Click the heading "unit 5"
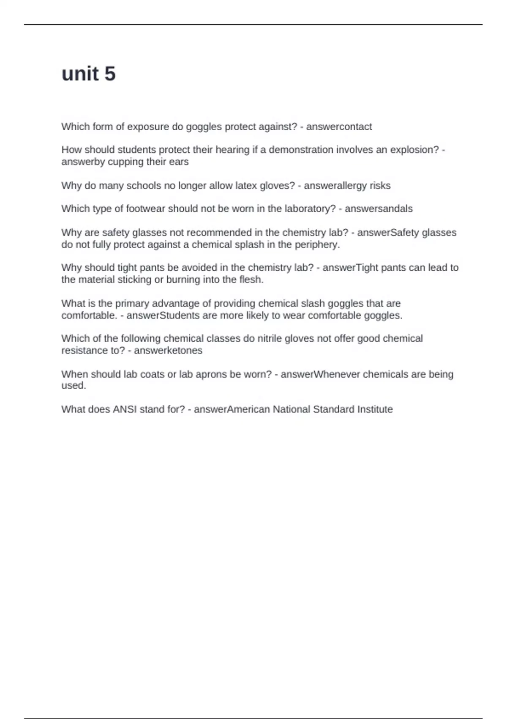[88, 74]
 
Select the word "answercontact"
[339, 127]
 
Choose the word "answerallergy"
[335, 186]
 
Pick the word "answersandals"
[379, 209]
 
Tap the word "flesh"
[251, 280]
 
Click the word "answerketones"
[168, 351]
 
